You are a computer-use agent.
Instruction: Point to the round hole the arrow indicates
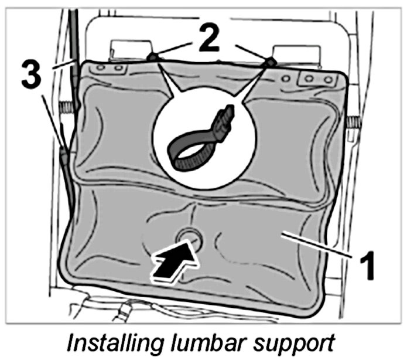pos(190,237)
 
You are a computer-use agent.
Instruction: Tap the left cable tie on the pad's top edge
pos(152,57)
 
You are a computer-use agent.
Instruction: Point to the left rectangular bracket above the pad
pos(128,47)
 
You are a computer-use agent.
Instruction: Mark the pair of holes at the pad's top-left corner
pos(111,68)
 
